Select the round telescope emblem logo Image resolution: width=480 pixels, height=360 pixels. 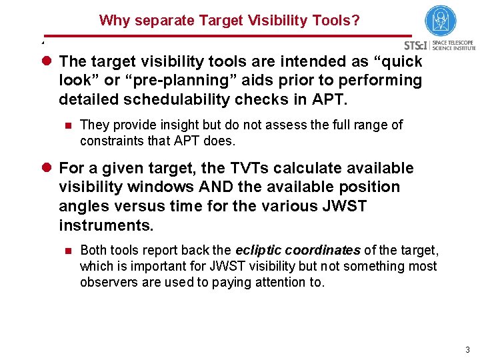(x=440, y=21)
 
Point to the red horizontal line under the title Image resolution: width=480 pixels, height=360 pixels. (x=227, y=36)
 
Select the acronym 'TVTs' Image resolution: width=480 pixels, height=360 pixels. (x=237, y=169)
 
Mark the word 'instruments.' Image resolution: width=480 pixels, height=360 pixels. (x=106, y=225)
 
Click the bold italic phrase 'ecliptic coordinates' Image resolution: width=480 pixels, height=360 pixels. (x=298, y=250)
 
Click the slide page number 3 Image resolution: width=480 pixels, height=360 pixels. (x=467, y=349)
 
